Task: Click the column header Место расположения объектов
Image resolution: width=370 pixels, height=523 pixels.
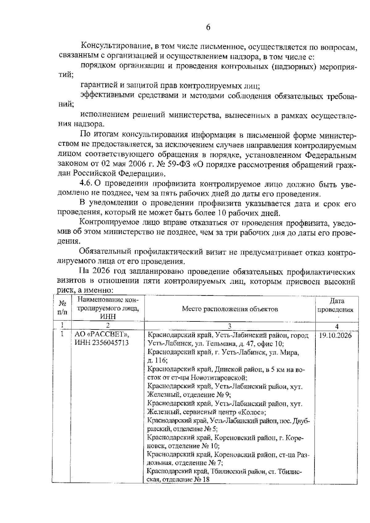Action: click(229, 309)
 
